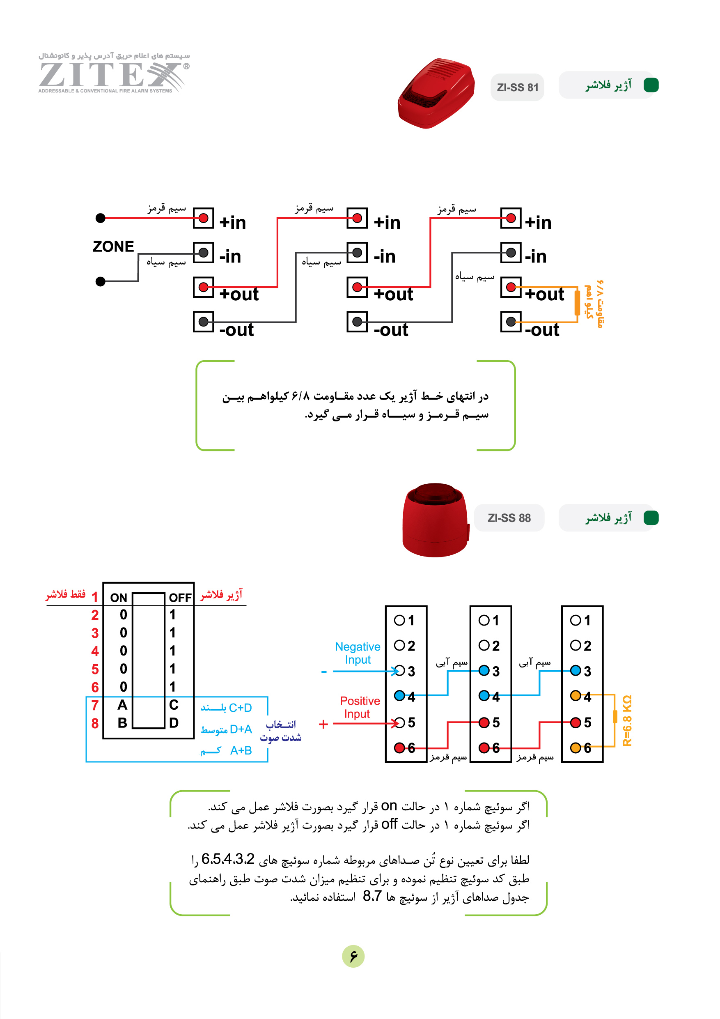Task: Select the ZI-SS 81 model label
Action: tap(517, 87)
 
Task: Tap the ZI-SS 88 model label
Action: tap(509, 518)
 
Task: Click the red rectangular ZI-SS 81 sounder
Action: tap(436, 93)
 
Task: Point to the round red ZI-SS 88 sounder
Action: tap(435, 520)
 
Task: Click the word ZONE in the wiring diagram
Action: tap(113, 246)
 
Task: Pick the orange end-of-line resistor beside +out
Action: tap(577, 302)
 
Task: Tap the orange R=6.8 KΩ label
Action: tap(627, 720)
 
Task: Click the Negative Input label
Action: tap(358, 653)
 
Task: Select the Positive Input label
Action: tap(359, 707)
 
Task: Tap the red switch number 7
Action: tap(95, 705)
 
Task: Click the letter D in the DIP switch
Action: tap(174, 723)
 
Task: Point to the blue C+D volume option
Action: tap(226, 707)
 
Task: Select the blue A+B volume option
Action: tap(226, 750)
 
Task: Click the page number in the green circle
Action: tap(353, 956)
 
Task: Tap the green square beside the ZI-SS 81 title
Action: tap(651, 85)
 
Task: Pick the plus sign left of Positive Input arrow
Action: tap(323, 724)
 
